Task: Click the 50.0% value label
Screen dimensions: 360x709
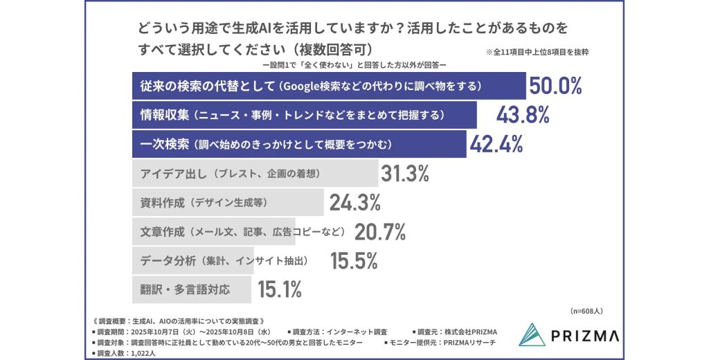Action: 556,86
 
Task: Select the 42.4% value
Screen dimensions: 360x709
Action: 496,144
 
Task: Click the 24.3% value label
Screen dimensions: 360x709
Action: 354,203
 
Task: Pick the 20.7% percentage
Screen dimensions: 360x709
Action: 379,231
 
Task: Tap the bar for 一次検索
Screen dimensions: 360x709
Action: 298,144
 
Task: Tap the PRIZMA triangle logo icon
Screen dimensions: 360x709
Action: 533,335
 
